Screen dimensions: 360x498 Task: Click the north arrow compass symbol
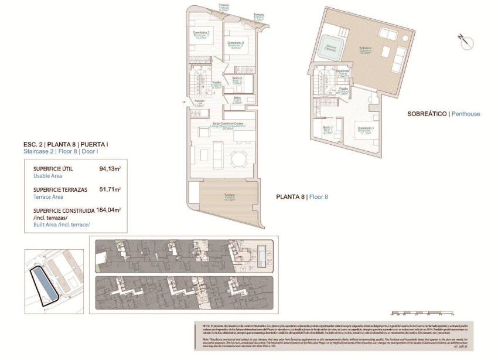463,40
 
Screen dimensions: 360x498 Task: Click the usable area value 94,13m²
110,169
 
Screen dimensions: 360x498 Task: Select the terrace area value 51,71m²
110,189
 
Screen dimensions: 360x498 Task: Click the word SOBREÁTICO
427,114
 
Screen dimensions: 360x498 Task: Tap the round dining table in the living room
238,158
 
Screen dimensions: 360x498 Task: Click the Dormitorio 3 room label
202,35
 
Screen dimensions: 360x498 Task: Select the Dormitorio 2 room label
235,45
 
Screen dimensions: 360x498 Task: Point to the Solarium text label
366,50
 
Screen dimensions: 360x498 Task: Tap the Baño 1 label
328,131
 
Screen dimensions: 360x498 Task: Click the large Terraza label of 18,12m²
229,197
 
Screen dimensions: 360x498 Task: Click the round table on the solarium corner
405,38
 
